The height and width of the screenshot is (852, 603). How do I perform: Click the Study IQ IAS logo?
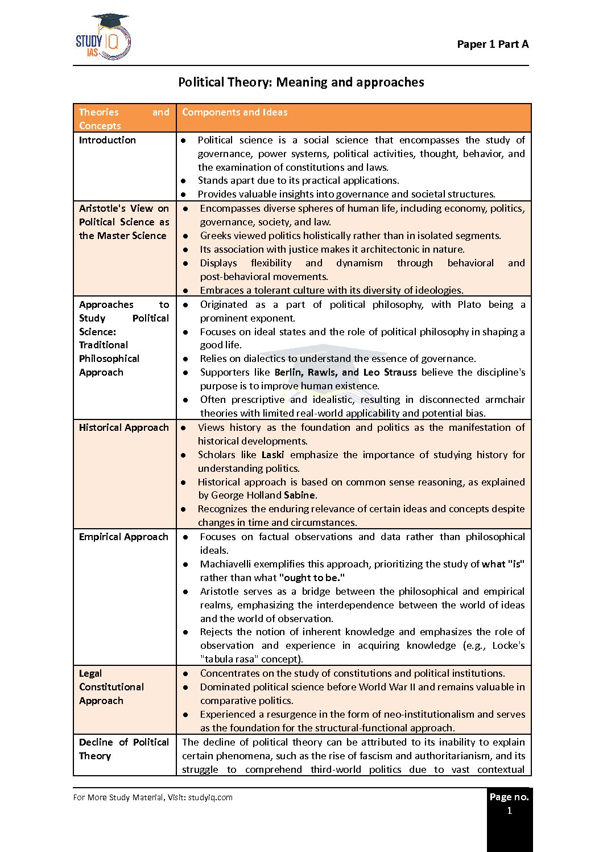[104, 38]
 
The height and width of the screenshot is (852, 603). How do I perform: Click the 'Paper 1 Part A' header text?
[493, 44]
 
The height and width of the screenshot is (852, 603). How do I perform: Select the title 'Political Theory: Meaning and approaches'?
[301, 83]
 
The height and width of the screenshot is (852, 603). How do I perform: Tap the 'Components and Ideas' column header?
[234, 112]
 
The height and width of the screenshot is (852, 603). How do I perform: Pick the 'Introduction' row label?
[108, 140]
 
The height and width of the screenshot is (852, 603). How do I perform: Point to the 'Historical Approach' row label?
[123, 427]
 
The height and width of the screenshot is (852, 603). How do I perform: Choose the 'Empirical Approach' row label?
[123, 537]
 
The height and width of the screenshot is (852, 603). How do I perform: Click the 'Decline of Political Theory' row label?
[123, 749]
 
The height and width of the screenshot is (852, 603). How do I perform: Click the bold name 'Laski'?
[273, 455]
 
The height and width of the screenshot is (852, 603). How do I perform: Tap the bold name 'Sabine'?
[300, 495]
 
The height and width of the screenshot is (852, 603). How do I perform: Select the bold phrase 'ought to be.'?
[312, 578]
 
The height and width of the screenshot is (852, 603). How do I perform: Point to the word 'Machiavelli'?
[226, 564]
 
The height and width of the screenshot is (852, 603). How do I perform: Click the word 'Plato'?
[469, 304]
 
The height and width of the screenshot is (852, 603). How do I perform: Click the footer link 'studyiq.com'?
[210, 797]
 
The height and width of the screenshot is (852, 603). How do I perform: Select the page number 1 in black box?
[509, 810]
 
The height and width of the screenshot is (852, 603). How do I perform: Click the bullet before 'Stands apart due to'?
[183, 181]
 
